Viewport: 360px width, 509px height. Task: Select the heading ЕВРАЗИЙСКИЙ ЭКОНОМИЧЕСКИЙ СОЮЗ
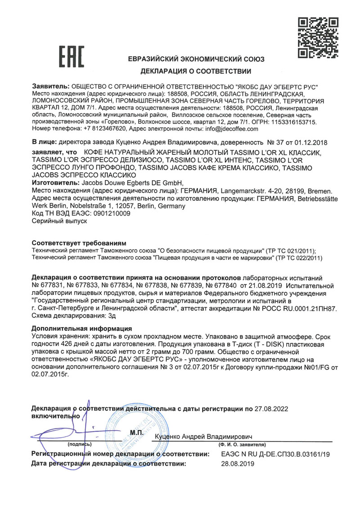(196, 59)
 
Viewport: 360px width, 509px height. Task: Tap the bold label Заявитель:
(51, 86)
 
